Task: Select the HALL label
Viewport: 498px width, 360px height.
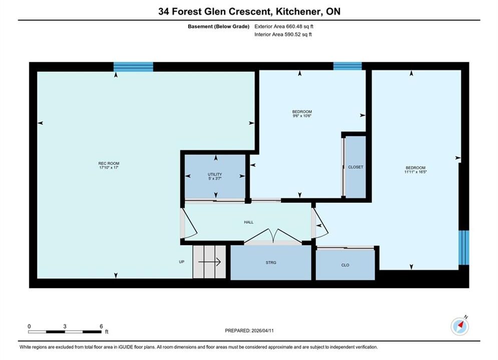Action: click(249, 222)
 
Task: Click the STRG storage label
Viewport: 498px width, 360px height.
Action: click(271, 262)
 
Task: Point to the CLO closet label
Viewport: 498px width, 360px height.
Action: click(345, 265)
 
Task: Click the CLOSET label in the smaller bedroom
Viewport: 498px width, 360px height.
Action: click(355, 167)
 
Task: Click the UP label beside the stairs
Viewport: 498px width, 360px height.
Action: click(182, 262)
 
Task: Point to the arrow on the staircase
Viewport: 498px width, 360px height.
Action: click(210, 262)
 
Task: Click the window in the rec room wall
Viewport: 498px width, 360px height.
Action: click(134, 67)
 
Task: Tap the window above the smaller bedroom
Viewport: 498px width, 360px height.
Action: click(347, 66)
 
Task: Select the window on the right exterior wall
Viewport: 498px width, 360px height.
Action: click(463, 247)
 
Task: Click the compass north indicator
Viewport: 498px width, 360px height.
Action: click(460, 325)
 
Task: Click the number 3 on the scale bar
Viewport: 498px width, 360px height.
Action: click(65, 326)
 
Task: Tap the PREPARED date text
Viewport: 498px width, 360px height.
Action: click(249, 330)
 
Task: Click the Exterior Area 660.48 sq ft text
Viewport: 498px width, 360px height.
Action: click(284, 26)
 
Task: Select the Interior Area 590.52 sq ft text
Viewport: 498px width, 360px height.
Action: click(283, 34)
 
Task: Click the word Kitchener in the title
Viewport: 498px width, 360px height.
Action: click(298, 11)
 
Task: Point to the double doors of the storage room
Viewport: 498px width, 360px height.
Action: click(273, 236)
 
